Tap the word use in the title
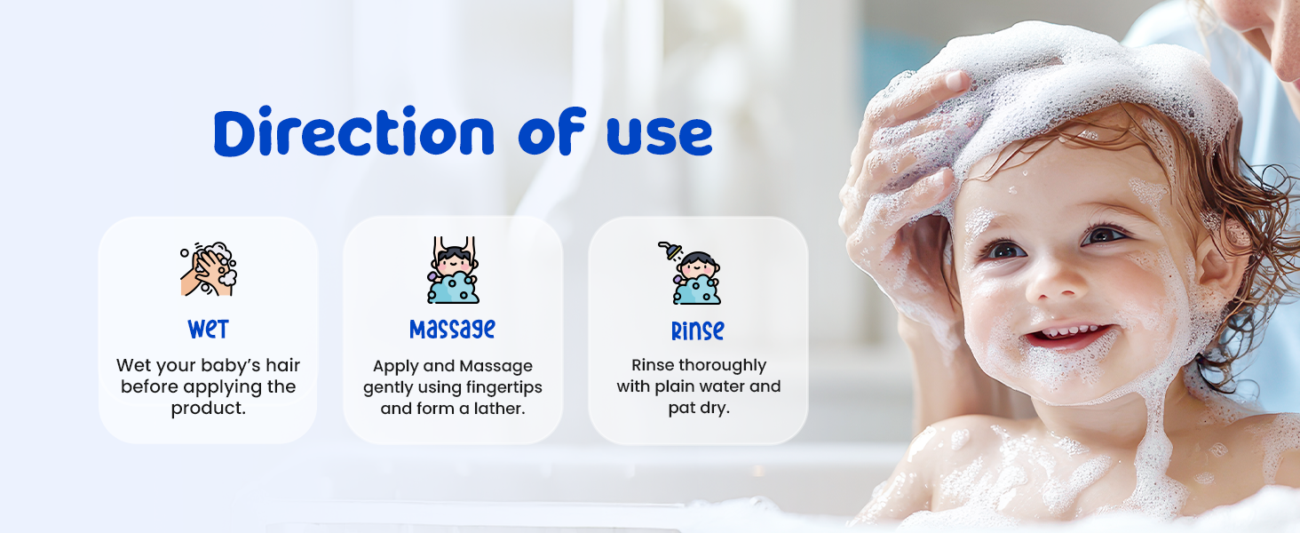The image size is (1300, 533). click(x=659, y=135)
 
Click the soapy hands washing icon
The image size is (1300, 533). click(x=209, y=269)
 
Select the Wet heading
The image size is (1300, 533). click(x=209, y=329)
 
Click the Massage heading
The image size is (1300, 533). click(x=452, y=330)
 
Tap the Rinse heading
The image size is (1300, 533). click(x=698, y=330)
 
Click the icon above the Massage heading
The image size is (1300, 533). click(x=453, y=269)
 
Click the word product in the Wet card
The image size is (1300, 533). click(x=209, y=409)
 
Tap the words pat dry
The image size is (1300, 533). click(x=699, y=408)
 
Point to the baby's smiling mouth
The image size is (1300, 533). click(x=1068, y=337)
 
